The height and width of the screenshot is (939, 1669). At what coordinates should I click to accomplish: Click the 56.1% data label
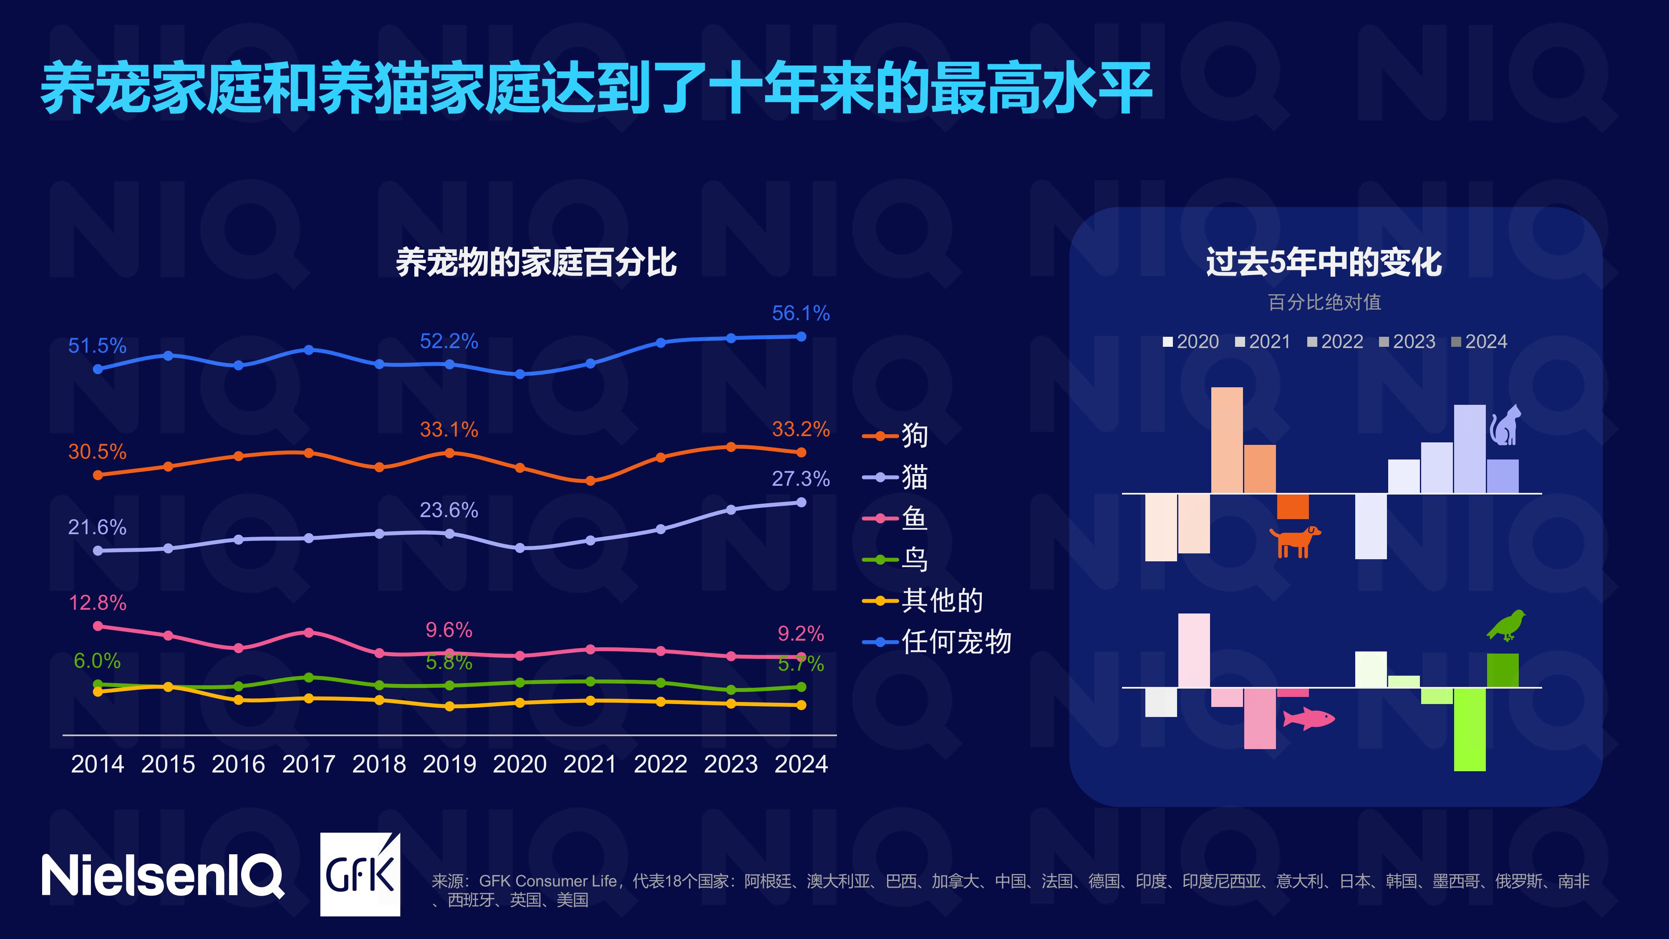pos(800,314)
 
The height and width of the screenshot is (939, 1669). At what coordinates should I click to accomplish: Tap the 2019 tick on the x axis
pos(449,764)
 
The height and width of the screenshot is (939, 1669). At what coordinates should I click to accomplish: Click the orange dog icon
pos(1294,541)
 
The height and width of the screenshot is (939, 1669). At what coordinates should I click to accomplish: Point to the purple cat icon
pos(1505,425)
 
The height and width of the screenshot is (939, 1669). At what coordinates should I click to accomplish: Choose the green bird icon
pos(1506,625)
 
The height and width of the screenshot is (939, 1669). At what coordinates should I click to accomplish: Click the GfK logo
pos(360,875)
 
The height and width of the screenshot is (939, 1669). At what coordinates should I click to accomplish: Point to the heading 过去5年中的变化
pos(1324,263)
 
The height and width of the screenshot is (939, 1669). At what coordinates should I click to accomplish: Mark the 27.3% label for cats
pos(800,479)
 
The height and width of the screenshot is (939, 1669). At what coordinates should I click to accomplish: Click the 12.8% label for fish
pos(97,603)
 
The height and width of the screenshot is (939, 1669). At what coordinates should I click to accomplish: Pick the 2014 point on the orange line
pos(98,475)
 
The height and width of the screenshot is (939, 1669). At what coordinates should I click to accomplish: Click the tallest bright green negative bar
pos(1470,729)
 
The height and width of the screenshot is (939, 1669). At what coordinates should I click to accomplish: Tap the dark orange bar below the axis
pos(1293,506)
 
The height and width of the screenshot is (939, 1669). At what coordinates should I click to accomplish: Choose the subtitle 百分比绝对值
pos(1324,302)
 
